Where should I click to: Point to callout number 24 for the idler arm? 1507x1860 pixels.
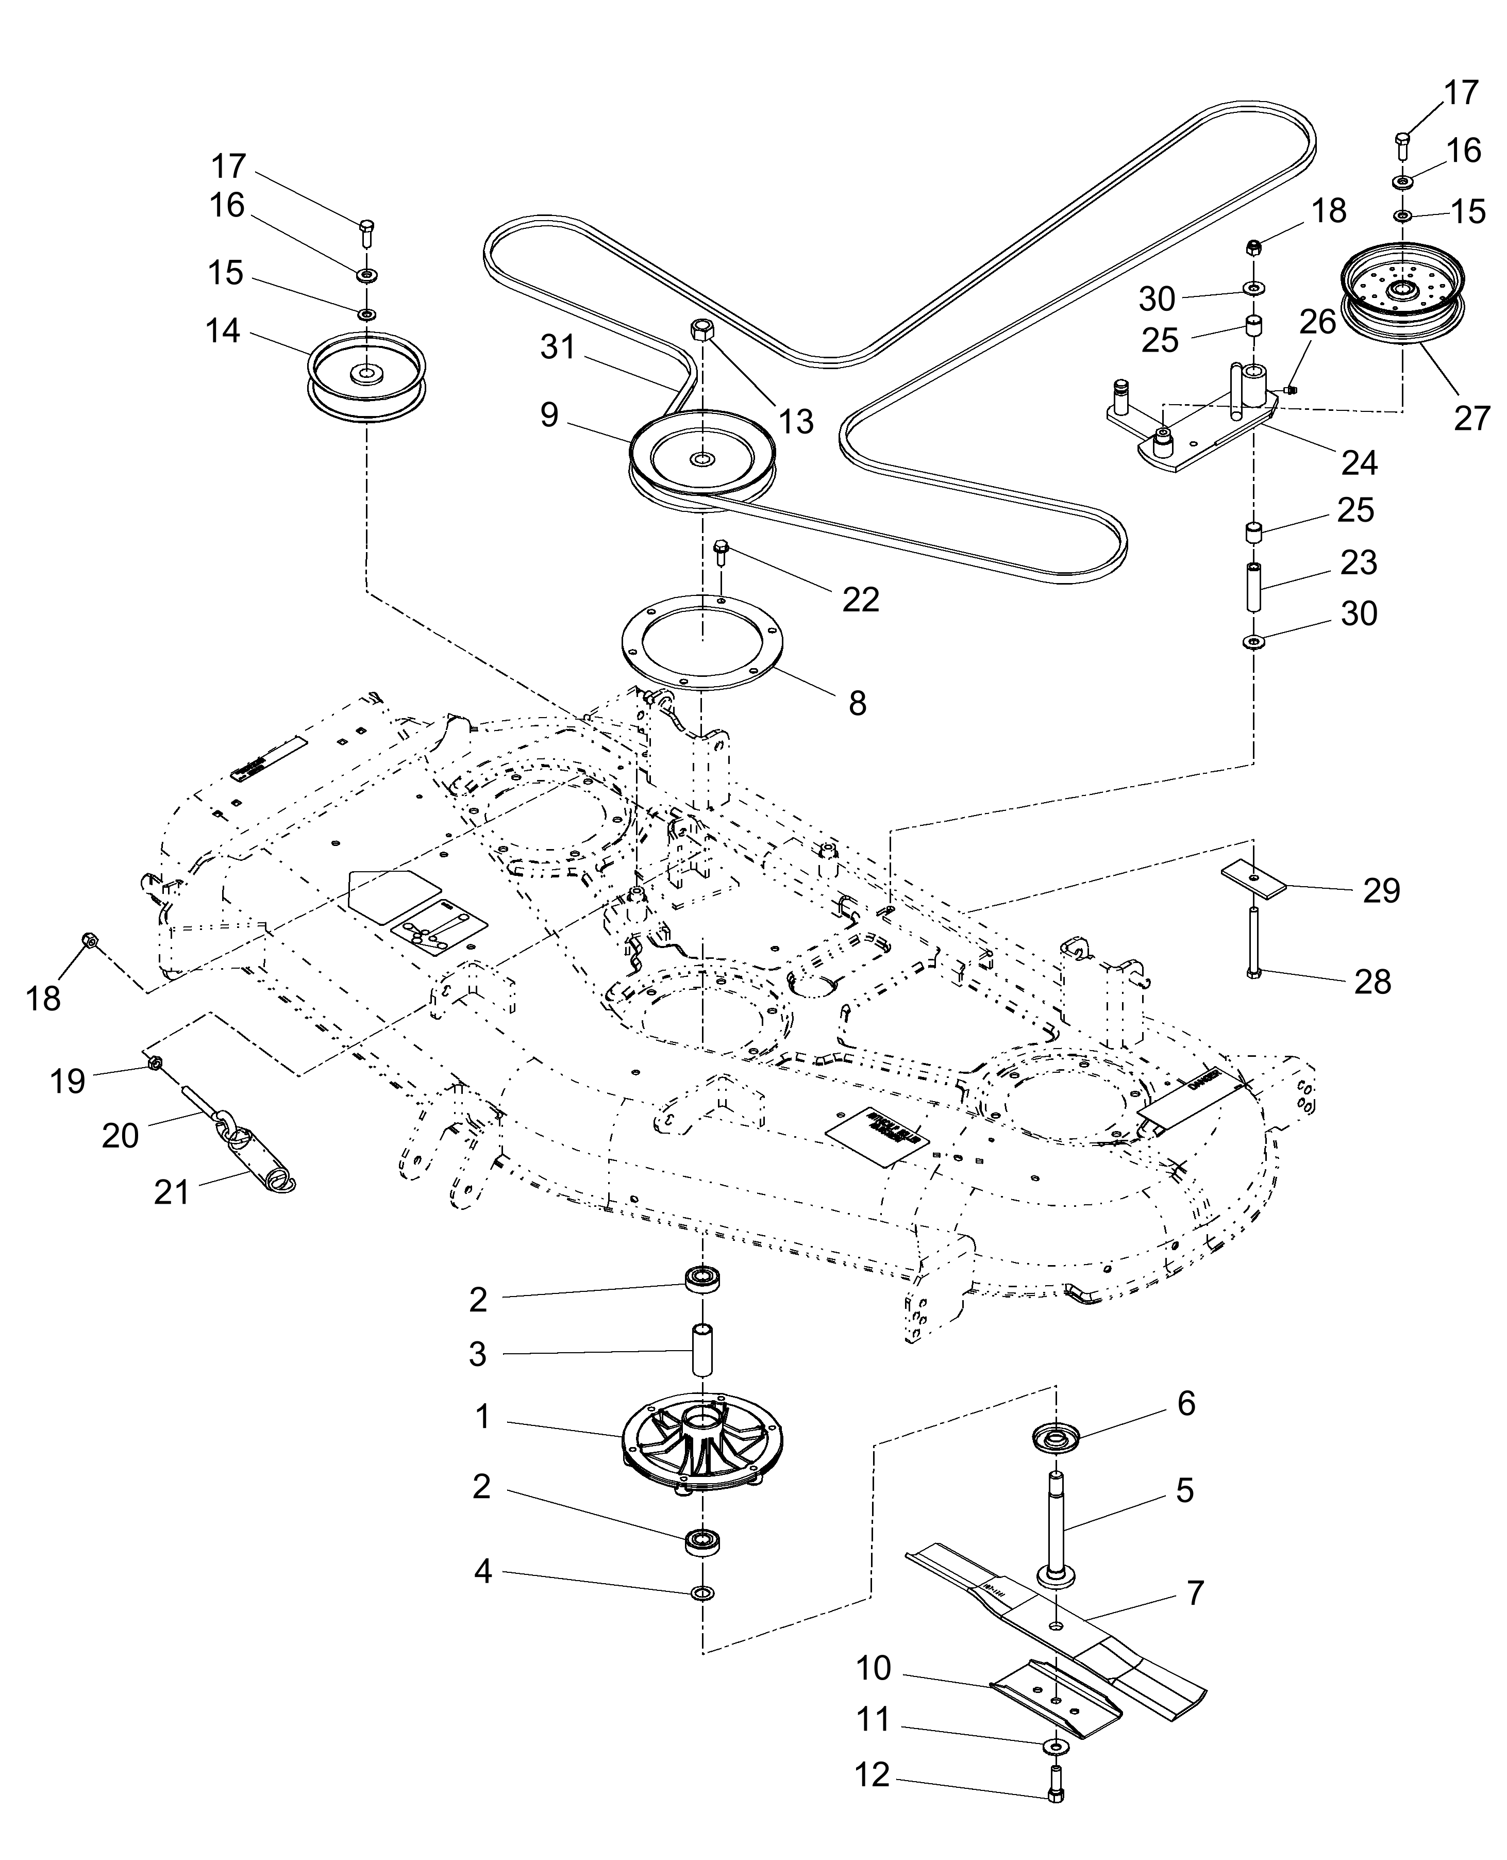(1359, 463)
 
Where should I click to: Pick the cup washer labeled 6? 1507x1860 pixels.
(1054, 1438)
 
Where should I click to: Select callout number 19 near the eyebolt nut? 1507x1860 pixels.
(67, 1081)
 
